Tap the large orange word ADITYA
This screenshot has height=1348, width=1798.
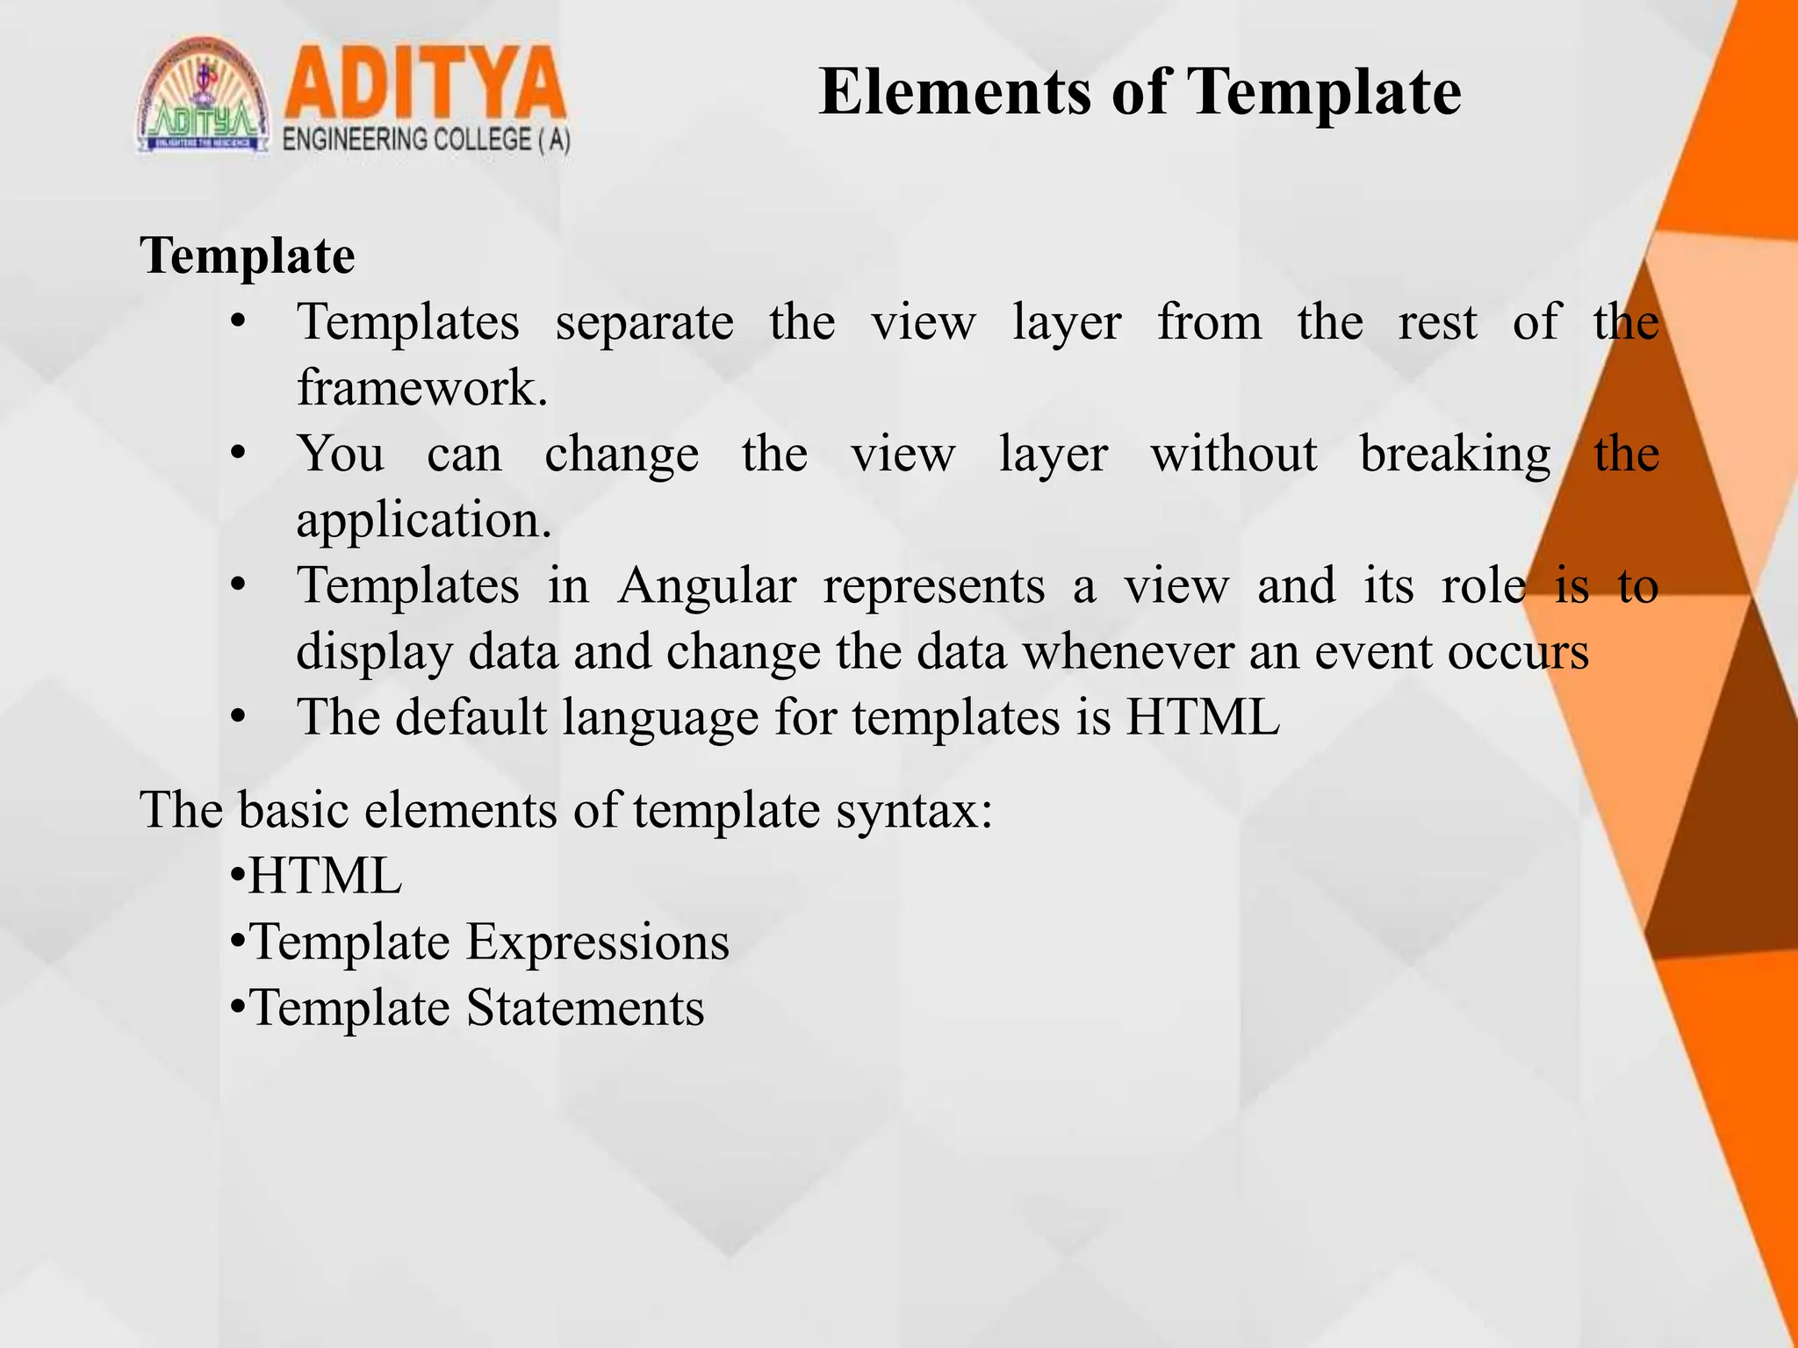click(x=424, y=85)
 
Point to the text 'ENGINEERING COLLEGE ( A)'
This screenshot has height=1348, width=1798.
click(x=427, y=140)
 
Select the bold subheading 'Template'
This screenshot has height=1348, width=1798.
click(x=248, y=256)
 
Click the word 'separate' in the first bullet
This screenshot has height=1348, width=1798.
click(x=644, y=323)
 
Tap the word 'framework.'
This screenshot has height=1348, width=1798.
click(x=422, y=388)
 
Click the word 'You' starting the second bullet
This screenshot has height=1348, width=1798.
click(x=341, y=455)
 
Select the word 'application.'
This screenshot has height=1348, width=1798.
click(x=424, y=521)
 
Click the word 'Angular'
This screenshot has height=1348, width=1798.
click(x=707, y=586)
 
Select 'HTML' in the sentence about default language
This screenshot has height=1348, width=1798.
click(x=1203, y=717)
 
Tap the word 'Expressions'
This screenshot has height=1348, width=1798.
click(x=597, y=943)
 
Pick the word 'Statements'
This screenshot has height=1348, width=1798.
click(x=585, y=1008)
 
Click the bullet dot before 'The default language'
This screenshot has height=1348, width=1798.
click(x=237, y=718)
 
